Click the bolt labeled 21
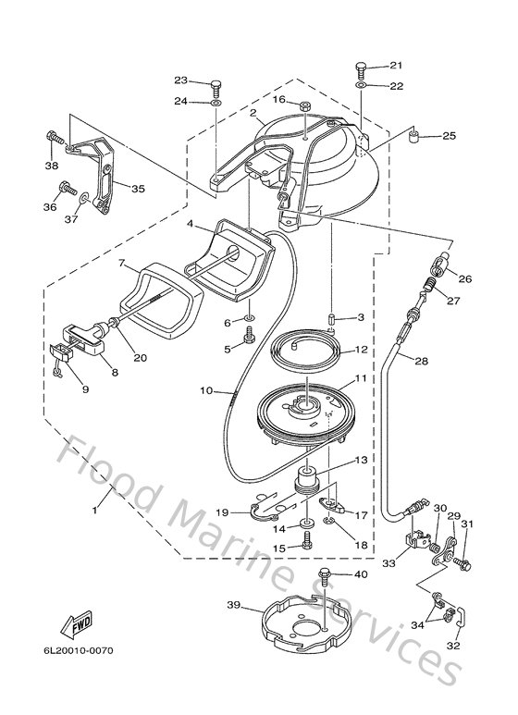360,68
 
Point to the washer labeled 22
360,86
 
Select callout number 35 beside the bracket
137,189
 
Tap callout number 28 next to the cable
421,362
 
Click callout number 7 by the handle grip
121,264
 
